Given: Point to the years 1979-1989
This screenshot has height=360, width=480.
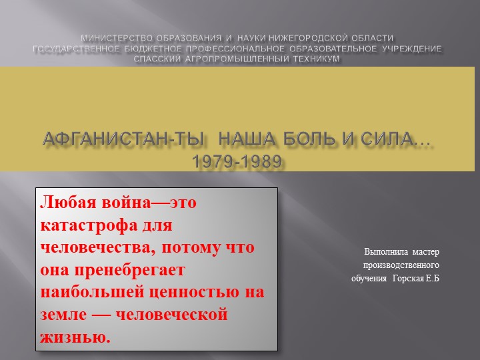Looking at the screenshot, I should [x=237, y=162].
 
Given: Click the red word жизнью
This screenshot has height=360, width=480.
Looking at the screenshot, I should [x=75, y=337].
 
